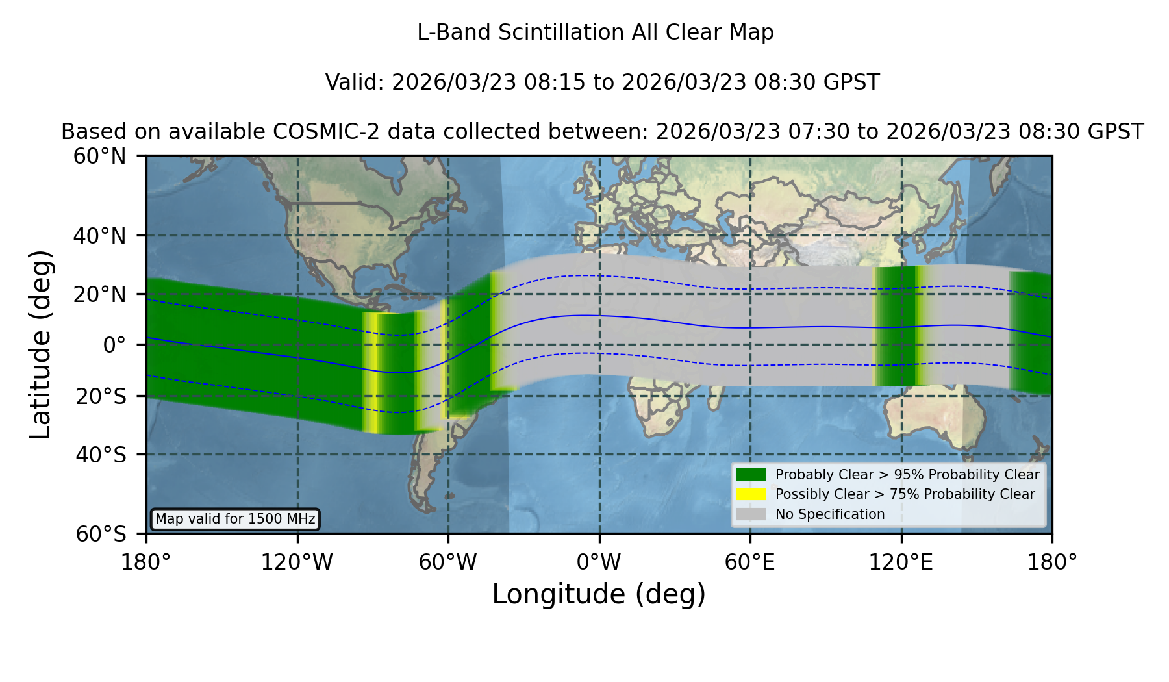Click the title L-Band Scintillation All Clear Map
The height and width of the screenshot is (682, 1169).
[595, 32]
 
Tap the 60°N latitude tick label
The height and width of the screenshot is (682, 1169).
[99, 157]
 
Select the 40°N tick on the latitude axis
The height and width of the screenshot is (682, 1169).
[99, 236]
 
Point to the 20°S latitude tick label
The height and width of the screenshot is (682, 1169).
[101, 396]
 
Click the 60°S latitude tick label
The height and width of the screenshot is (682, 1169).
[101, 534]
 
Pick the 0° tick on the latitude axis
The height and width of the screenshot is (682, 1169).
[114, 345]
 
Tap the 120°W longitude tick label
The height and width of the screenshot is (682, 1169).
[297, 562]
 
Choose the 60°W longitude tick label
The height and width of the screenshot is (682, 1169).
[448, 562]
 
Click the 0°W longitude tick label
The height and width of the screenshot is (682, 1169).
[599, 562]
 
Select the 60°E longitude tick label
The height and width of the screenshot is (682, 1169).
[750, 562]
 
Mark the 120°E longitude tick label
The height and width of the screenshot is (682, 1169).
[901, 562]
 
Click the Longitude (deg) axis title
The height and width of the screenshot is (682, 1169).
[599, 594]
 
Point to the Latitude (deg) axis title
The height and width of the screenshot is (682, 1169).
[40, 344]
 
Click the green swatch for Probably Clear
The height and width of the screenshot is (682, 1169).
[751, 475]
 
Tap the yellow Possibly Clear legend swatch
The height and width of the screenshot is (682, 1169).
[751, 494]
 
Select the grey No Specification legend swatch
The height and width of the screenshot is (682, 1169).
[751, 514]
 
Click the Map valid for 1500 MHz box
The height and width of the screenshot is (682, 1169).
[235, 519]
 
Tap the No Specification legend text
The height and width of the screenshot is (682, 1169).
[830, 514]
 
